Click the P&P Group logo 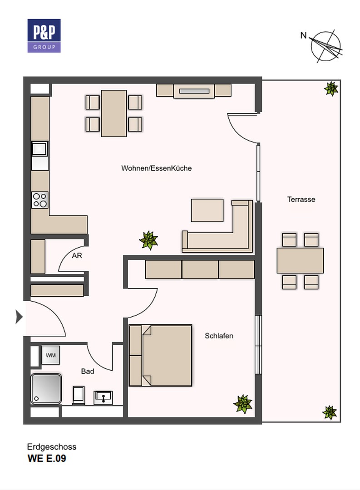pos(44,36)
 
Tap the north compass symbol pos(324,46)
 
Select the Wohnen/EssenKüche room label pos(156,168)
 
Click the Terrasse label pos(301,199)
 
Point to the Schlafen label pos(219,336)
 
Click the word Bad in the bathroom pos(88,371)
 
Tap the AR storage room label pos(77,255)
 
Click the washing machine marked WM pos(51,355)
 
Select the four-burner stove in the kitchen pos(39,200)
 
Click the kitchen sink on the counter pos(39,149)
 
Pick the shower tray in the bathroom pos(46,388)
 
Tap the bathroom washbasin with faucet pos(103,398)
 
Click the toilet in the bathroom pos(79,395)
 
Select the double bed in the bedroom pos(160,356)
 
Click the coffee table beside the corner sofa pos(207,211)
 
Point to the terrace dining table pos(300,260)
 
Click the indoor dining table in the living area pos(114,113)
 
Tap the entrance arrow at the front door pos(19,317)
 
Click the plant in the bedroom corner pos(243,403)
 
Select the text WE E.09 pos(47,458)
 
